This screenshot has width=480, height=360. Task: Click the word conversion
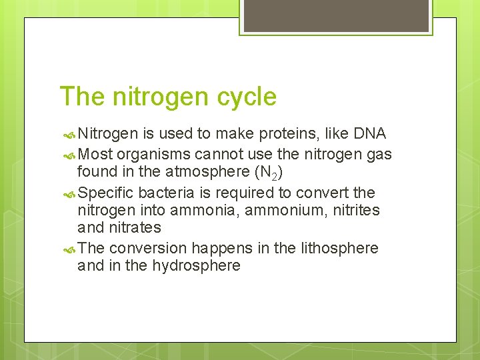click(x=148, y=249)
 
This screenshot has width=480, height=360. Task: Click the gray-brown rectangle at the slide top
click(x=336, y=16)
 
